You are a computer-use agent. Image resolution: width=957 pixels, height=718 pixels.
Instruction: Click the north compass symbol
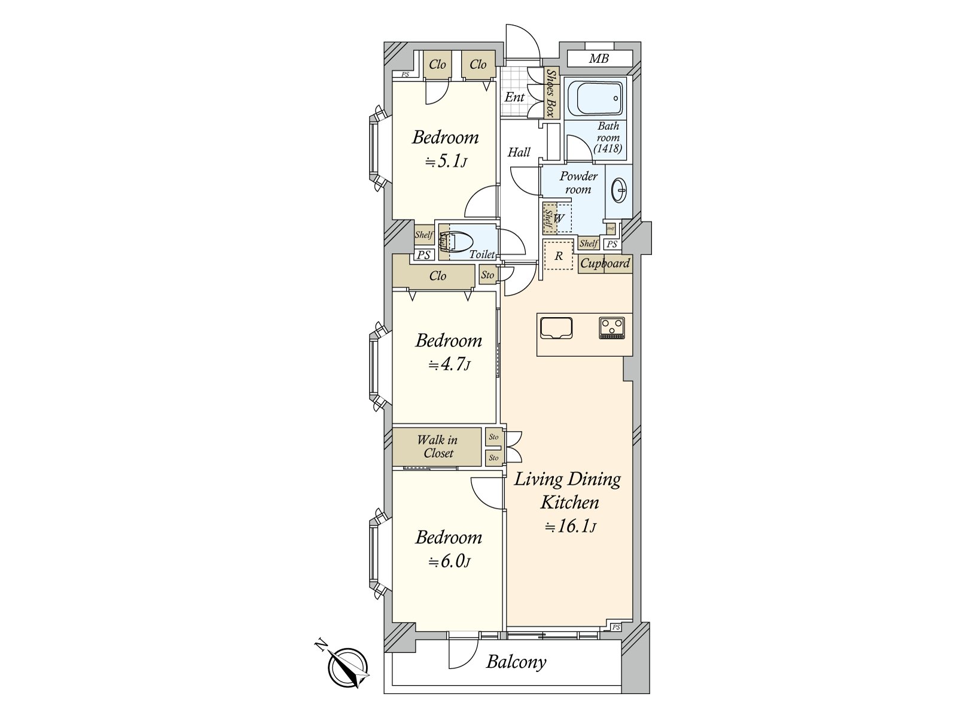tap(347, 668)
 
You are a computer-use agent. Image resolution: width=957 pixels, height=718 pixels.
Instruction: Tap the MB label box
tap(599, 59)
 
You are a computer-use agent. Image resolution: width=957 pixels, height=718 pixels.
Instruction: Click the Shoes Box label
tap(551, 93)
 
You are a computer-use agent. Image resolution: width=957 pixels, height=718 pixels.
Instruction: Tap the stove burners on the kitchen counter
tap(612, 328)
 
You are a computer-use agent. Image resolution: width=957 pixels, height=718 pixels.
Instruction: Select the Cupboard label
tap(605, 263)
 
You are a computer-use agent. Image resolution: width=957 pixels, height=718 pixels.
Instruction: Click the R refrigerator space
tap(559, 256)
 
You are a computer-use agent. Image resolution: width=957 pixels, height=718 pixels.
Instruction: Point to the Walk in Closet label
tap(437, 446)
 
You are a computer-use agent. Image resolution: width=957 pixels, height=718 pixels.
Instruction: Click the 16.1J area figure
tap(570, 527)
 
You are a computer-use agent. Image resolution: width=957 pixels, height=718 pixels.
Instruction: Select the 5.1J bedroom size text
tap(446, 162)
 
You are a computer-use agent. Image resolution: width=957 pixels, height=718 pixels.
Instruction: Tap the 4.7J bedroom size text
tap(449, 364)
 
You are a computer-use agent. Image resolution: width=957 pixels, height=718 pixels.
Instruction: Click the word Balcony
tap(516, 662)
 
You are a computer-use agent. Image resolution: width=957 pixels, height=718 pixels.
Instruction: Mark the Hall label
tap(519, 152)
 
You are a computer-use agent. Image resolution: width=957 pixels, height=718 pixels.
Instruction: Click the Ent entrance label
tap(514, 97)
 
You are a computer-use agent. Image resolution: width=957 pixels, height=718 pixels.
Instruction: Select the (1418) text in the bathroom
tap(608, 148)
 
